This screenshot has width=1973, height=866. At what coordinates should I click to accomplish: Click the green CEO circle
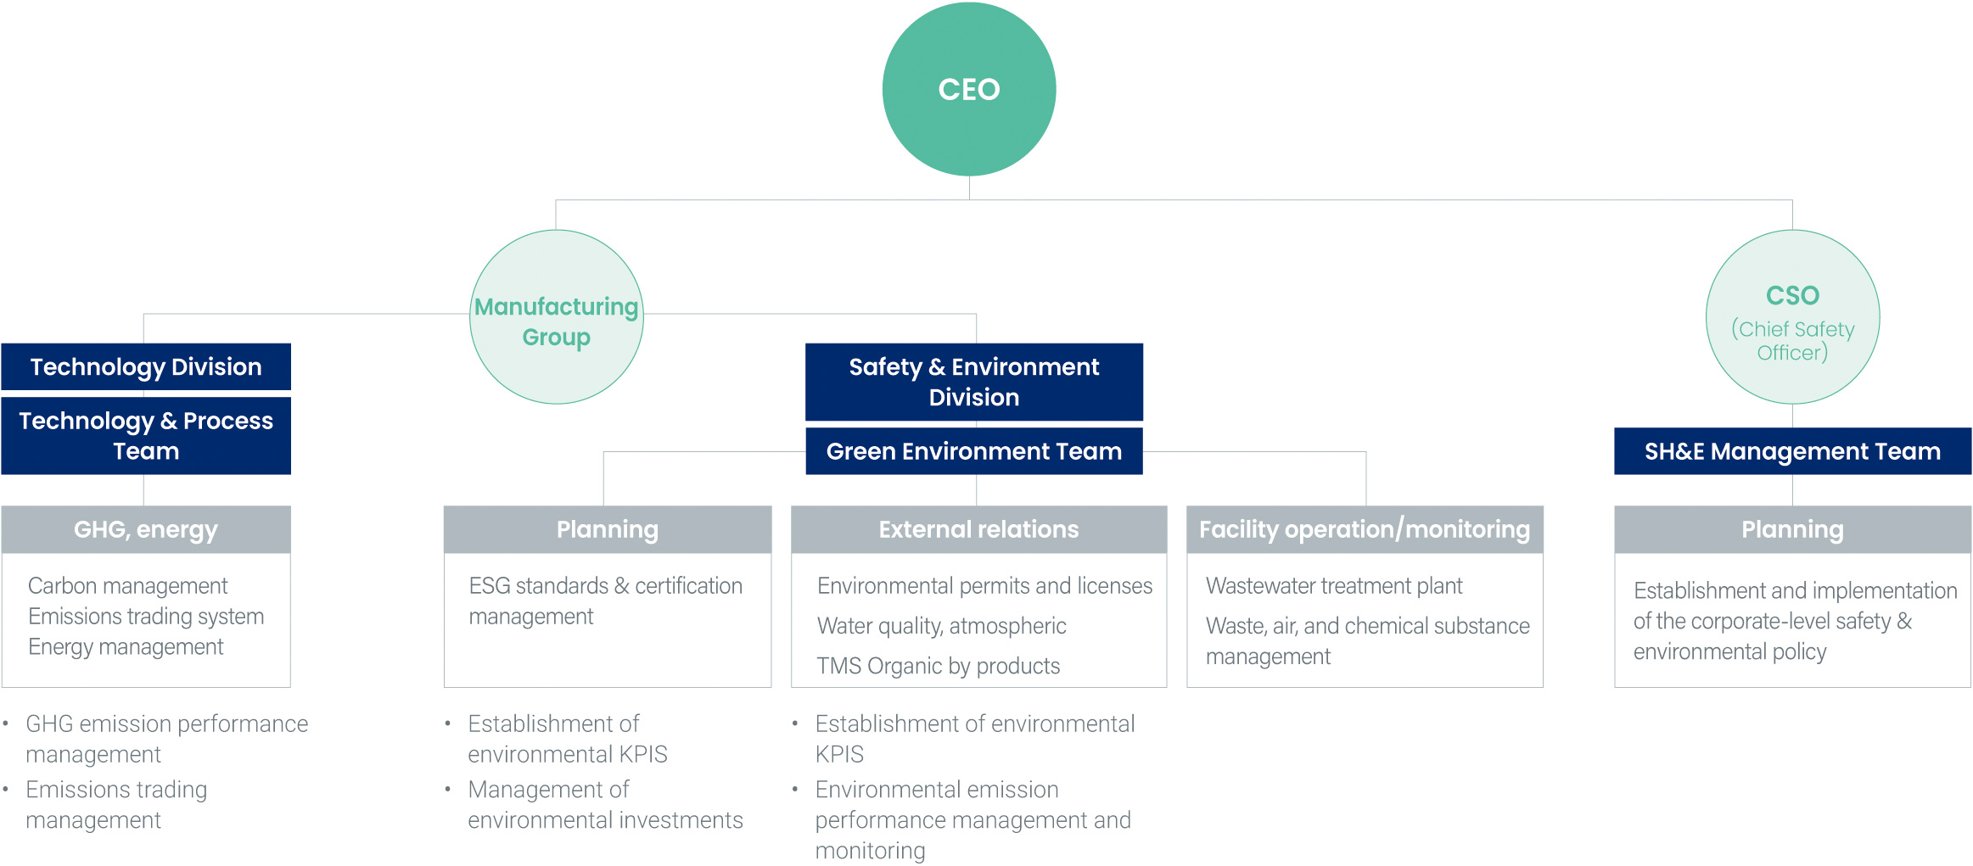tap(969, 89)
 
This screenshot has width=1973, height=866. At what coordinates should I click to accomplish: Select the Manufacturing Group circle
tap(557, 317)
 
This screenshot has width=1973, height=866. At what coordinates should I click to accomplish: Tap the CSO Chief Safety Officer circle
tap(1792, 317)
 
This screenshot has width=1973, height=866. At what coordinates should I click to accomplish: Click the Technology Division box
tap(146, 366)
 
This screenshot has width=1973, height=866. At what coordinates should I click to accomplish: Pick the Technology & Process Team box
tap(146, 436)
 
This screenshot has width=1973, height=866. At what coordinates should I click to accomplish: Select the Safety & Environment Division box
tap(974, 382)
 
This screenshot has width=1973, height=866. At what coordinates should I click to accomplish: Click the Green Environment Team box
tap(974, 451)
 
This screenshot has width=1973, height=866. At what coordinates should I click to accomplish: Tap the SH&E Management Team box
tap(1792, 451)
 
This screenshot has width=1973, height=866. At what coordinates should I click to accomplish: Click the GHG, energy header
tap(146, 529)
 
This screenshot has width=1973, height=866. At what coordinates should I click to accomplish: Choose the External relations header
tap(978, 529)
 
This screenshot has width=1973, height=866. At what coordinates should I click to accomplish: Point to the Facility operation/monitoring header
tap(1365, 529)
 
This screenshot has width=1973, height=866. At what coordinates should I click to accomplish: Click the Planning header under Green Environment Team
tap(608, 529)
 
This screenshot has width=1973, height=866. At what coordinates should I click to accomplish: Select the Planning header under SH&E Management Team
tap(1792, 529)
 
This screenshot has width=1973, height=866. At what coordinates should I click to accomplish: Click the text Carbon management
tap(128, 586)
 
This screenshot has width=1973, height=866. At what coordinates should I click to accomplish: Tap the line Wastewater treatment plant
tap(1334, 586)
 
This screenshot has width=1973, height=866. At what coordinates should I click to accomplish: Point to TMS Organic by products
tap(939, 666)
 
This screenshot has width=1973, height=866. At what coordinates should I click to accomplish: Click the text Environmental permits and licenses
tap(984, 586)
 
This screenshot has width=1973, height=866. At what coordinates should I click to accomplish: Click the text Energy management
tap(126, 647)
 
